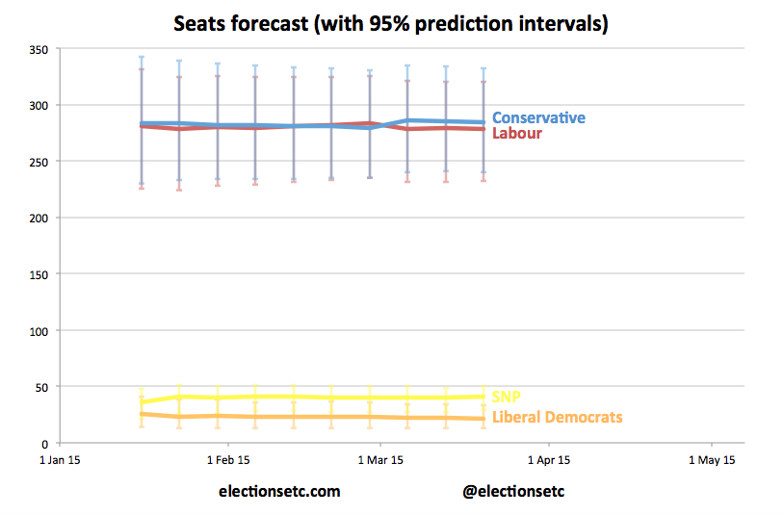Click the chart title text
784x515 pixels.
[391, 23]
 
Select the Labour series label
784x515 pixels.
[517, 133]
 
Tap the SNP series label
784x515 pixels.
[507, 397]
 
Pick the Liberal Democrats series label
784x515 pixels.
[557, 417]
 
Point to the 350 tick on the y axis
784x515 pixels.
[38, 48]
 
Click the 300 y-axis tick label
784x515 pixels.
[38, 105]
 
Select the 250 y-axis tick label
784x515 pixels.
[38, 161]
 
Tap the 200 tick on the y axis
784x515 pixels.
[38, 218]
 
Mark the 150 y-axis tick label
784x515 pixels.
[38, 274]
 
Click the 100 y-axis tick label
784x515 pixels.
[38, 330]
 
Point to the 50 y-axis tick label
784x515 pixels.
[40, 387]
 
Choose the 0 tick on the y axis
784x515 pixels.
[44, 443]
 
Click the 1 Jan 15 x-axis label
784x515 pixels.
[60, 460]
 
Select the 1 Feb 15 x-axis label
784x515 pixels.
[228, 460]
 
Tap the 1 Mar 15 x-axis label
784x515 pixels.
[380, 460]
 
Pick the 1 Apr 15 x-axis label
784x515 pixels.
[549, 460]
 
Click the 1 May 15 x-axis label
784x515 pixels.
[712, 460]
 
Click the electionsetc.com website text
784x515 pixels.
[279, 491]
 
